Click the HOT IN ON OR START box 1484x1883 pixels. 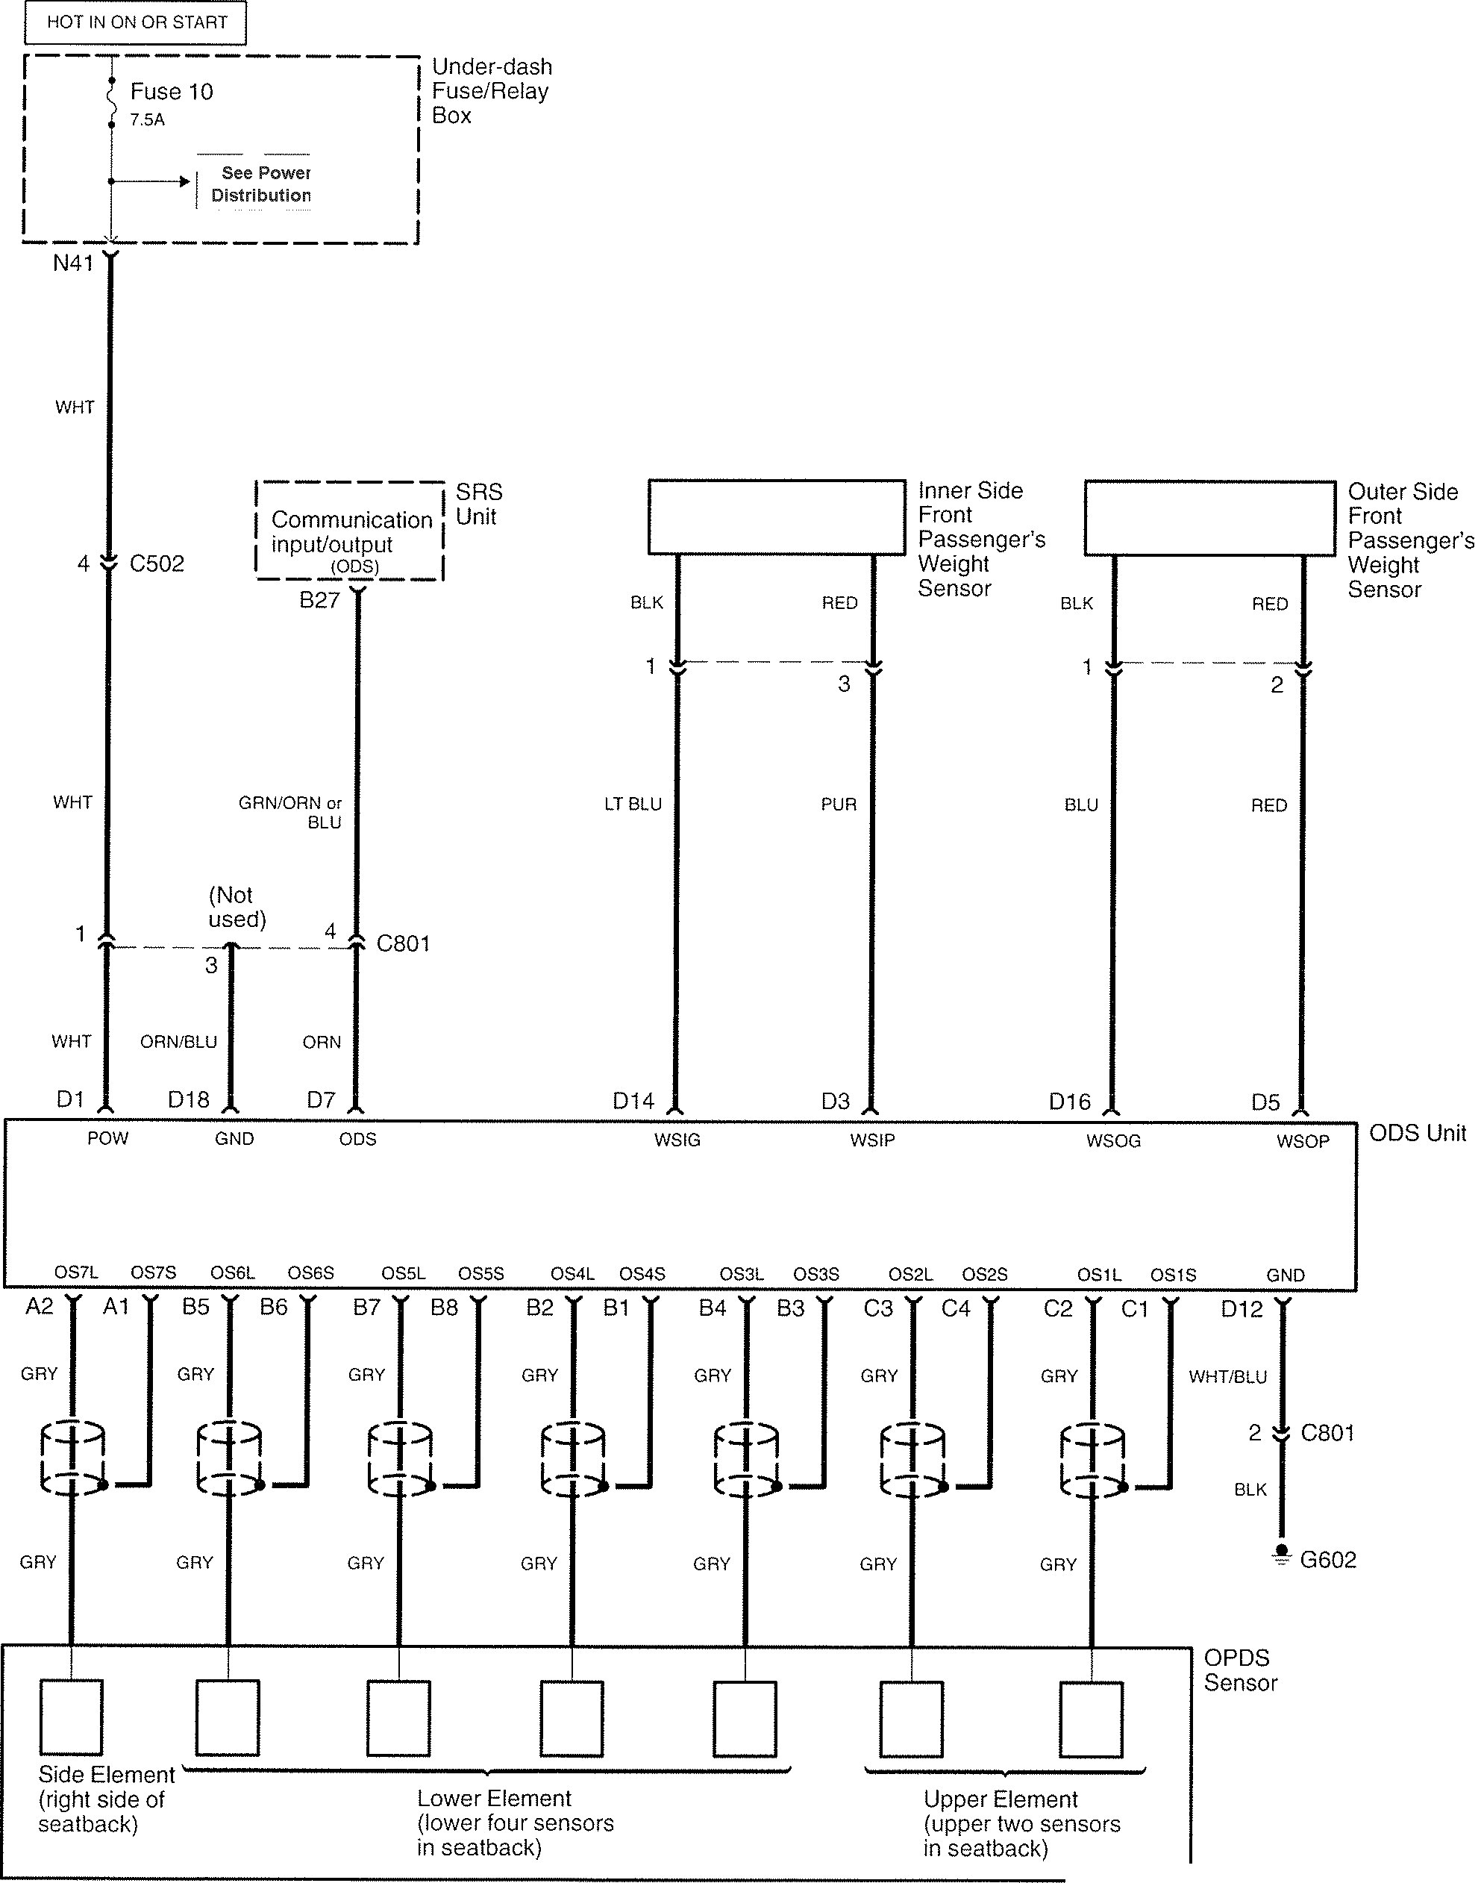pyautogui.click(x=136, y=22)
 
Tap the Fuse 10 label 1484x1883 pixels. pyautogui.click(x=171, y=92)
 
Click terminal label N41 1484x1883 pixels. pyautogui.click(x=73, y=263)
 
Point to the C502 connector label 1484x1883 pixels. pyautogui.click(x=157, y=564)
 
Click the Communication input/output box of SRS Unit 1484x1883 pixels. pyautogui.click(x=349, y=531)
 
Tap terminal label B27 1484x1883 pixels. pyautogui.click(x=319, y=601)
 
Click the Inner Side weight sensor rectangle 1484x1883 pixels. pyautogui.click(x=777, y=517)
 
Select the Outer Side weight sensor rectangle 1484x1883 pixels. pyautogui.click(x=1209, y=518)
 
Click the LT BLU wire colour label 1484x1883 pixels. pyautogui.click(x=633, y=805)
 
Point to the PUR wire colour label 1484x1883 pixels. pyautogui.click(x=839, y=805)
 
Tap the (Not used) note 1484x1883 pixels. pyautogui.click(x=237, y=908)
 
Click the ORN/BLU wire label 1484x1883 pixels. pyautogui.click(x=178, y=1042)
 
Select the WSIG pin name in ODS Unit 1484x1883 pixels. pyautogui.click(x=677, y=1139)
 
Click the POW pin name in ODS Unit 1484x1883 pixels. pyautogui.click(x=107, y=1138)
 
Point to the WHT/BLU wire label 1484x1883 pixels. pyautogui.click(x=1227, y=1377)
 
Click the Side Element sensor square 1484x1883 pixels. pyautogui.click(x=71, y=1718)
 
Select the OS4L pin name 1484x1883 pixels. pyautogui.click(x=572, y=1274)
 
